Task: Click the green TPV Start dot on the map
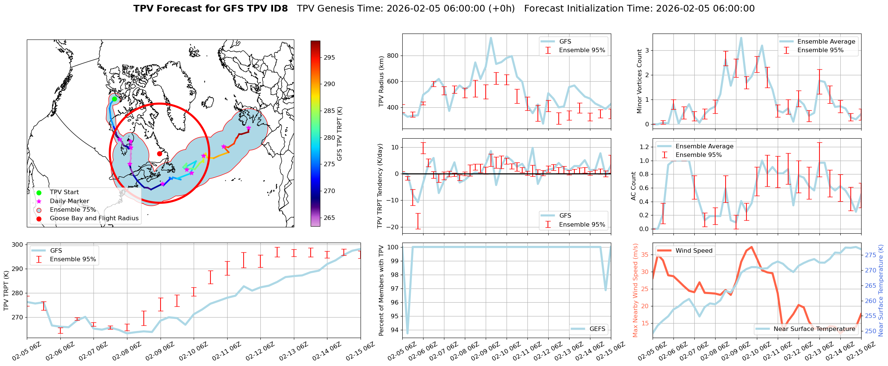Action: tap(114, 99)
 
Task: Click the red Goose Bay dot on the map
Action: tap(159, 154)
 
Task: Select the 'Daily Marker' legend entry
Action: tap(69, 201)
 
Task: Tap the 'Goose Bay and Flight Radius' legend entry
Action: tap(94, 218)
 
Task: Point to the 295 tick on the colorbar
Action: tap(329, 57)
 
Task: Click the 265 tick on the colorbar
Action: tap(329, 218)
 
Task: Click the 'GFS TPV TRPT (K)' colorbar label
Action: tap(339, 134)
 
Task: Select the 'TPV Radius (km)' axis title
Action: tap(381, 82)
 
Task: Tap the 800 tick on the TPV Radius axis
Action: tap(393, 56)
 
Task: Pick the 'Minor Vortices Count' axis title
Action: tap(640, 81)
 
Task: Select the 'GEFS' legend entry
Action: tap(597, 329)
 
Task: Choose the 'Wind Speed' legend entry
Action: tap(694, 250)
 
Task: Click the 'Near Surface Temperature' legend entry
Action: tap(814, 329)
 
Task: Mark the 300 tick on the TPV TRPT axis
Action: tap(17, 244)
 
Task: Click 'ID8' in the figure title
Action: tap(277, 9)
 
